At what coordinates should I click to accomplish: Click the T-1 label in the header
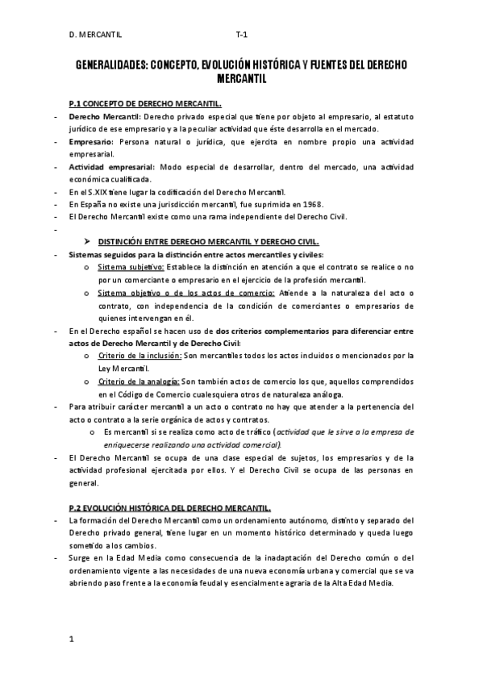(241, 35)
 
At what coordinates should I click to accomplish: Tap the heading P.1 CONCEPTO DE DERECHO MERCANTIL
(145, 104)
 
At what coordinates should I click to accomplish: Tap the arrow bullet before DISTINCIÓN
(89, 242)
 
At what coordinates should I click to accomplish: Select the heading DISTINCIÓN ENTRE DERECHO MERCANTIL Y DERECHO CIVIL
(208, 242)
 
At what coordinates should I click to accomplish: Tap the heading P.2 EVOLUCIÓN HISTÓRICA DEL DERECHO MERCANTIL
(170, 507)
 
